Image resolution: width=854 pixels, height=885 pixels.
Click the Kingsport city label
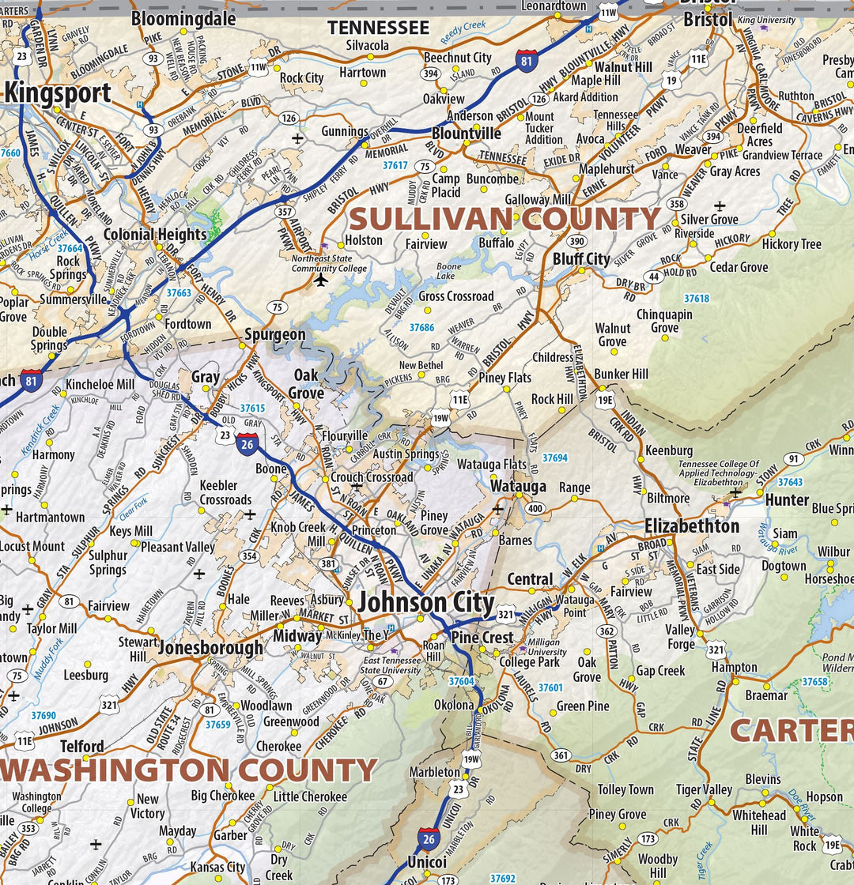(x=58, y=93)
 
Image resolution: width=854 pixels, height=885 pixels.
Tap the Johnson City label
(x=425, y=603)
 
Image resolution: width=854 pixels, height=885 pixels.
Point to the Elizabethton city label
(x=692, y=526)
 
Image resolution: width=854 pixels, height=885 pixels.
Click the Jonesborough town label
(x=211, y=649)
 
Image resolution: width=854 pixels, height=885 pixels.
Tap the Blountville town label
(x=467, y=134)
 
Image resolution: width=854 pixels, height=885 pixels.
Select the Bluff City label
(x=581, y=258)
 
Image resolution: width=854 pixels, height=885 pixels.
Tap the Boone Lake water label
(x=448, y=272)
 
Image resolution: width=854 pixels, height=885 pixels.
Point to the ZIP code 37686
(x=421, y=327)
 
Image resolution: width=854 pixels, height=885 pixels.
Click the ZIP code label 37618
(x=697, y=298)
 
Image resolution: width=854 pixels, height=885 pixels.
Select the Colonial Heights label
(x=155, y=235)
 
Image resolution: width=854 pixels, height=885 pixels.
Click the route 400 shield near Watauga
(x=535, y=508)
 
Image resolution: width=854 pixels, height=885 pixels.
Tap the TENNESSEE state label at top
(x=379, y=28)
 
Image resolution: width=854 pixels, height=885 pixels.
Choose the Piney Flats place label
(x=505, y=378)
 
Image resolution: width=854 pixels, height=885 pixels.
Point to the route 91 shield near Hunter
(x=793, y=459)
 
